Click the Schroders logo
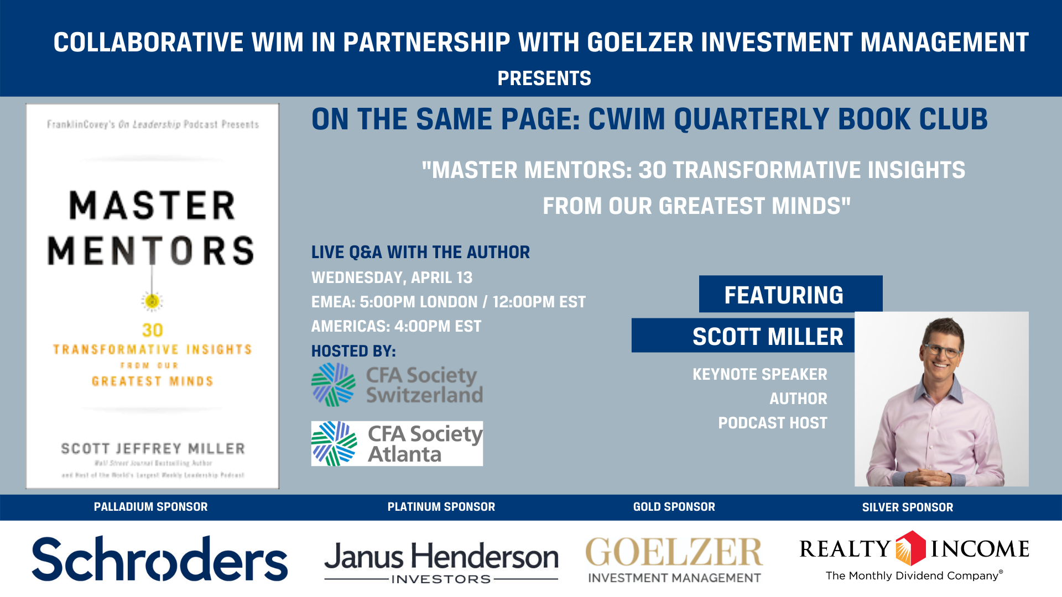click(x=159, y=558)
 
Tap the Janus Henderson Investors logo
click(x=441, y=561)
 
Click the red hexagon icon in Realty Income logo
click(x=910, y=548)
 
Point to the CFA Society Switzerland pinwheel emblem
click(x=333, y=385)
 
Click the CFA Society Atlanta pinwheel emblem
click(x=334, y=443)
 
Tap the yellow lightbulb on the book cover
click(x=152, y=301)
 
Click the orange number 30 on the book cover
click(x=152, y=330)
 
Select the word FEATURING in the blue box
click(x=784, y=295)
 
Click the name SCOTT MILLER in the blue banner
click(x=768, y=337)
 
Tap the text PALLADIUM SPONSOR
click(x=150, y=507)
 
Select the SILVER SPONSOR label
click(x=907, y=507)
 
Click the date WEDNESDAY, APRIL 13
click(x=392, y=277)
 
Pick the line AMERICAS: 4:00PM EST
click(x=396, y=326)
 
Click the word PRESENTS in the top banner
click(x=544, y=78)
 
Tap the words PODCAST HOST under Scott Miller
click(x=772, y=423)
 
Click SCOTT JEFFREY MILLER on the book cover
click(x=153, y=448)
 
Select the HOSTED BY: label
click(x=353, y=351)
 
